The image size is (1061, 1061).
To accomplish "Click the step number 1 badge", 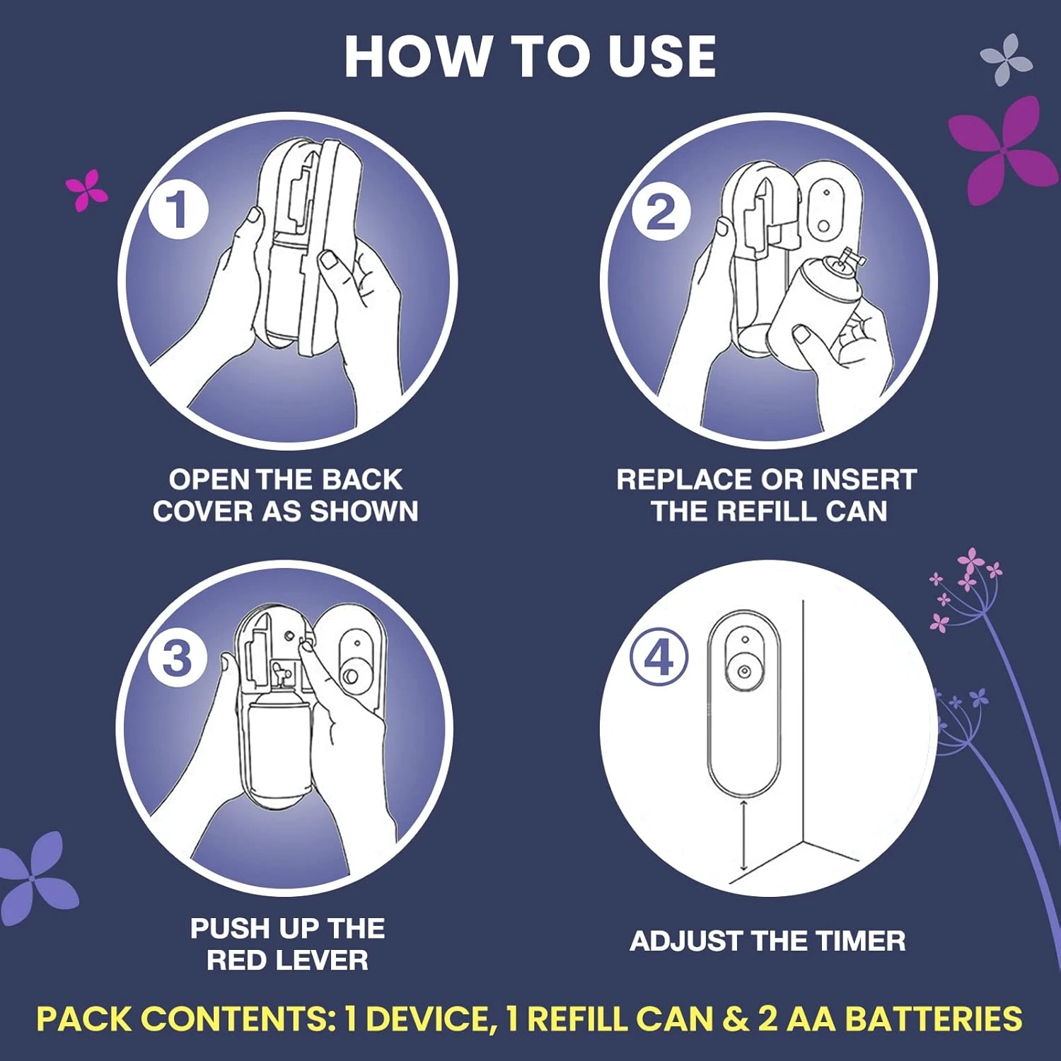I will click(178, 210).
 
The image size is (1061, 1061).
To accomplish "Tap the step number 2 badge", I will click(661, 212).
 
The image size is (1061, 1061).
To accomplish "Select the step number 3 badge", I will click(177, 658).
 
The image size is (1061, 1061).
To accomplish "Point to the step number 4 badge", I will click(659, 657).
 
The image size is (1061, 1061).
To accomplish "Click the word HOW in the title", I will click(418, 57).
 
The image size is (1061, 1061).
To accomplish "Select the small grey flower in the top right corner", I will click(1007, 59).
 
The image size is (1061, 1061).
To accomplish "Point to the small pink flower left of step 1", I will click(86, 189).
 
